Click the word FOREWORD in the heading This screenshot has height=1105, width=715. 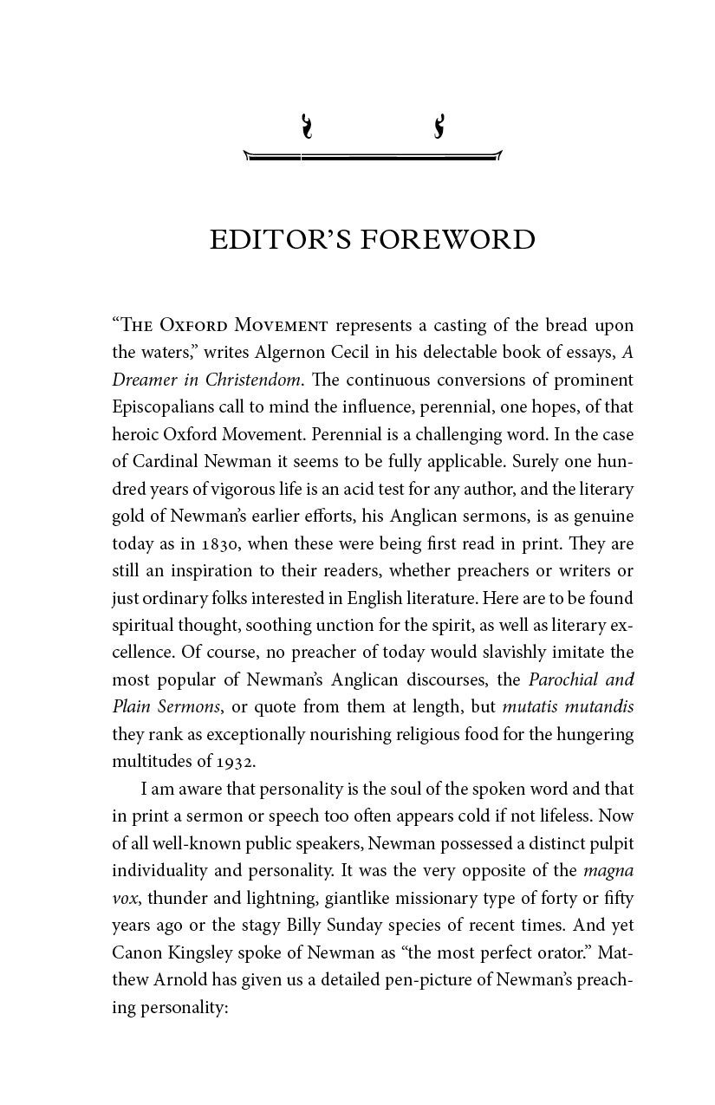coord(447,240)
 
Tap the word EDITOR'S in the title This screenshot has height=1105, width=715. coord(281,240)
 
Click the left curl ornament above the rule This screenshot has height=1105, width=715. coord(305,127)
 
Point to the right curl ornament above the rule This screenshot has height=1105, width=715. coord(439,127)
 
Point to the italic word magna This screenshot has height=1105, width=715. coord(608,870)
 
